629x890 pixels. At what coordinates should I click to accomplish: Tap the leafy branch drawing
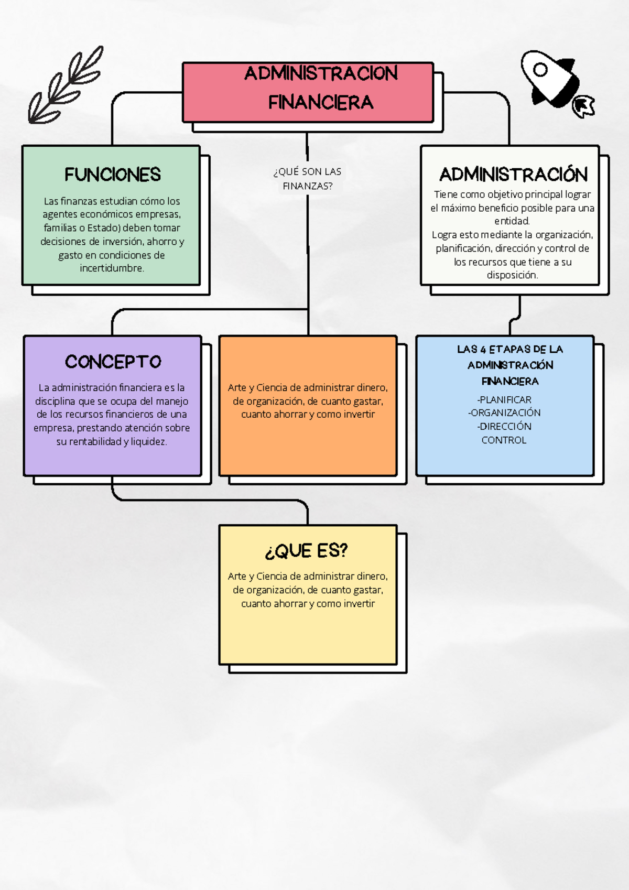66,84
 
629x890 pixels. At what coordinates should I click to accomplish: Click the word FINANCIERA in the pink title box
321,103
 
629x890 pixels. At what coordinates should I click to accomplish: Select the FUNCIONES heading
113,175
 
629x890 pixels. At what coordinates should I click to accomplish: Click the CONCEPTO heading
113,362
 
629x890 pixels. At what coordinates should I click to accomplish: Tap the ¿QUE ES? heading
306,551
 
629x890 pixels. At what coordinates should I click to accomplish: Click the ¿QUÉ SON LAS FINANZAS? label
307,179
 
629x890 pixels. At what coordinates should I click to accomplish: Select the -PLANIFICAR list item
504,399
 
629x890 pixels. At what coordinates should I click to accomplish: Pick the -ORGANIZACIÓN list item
504,413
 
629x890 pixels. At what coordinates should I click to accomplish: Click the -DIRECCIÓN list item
504,426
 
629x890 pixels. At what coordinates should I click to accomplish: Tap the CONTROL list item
504,440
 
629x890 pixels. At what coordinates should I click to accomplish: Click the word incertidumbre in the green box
112,268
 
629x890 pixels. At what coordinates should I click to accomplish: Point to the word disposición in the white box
512,275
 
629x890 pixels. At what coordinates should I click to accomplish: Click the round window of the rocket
540,70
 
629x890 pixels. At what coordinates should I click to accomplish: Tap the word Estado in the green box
104,227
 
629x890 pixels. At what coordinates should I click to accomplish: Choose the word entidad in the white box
512,221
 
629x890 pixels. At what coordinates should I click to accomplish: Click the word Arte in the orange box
237,387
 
